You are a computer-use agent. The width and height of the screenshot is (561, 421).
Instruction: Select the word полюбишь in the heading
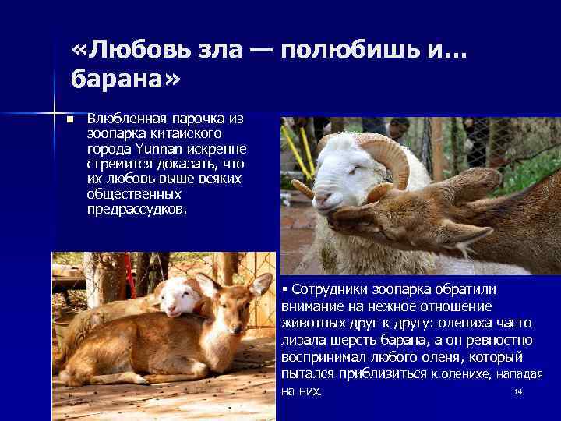tap(350, 51)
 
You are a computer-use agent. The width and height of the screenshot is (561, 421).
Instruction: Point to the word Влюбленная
tap(126, 119)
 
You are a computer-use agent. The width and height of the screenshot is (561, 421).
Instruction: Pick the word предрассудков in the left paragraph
tap(136, 209)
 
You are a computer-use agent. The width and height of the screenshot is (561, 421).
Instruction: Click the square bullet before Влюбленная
tap(69, 120)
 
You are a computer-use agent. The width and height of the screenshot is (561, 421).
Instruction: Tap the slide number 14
tap(517, 391)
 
